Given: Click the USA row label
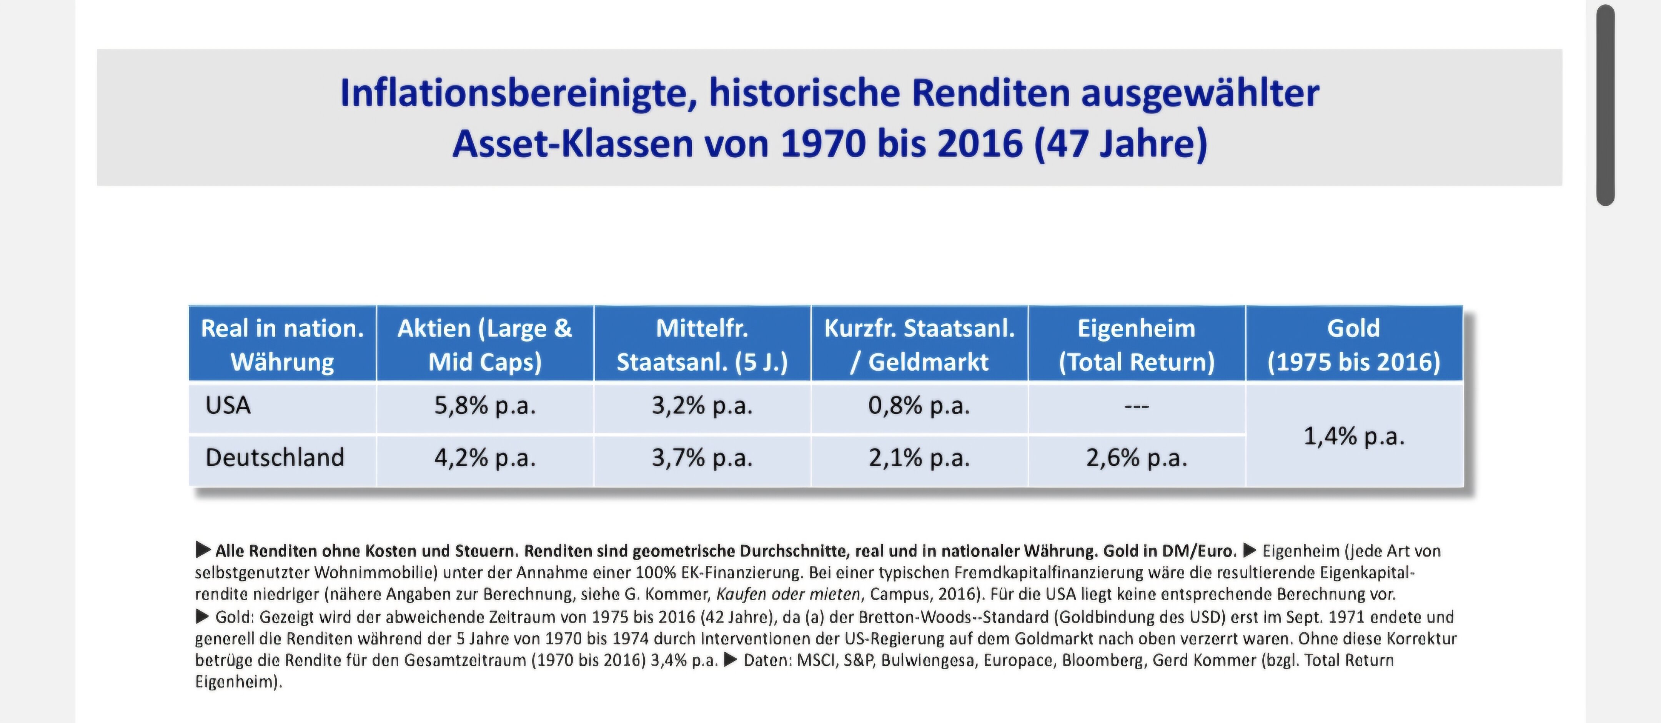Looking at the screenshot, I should (228, 406).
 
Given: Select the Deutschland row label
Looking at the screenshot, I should (275, 458).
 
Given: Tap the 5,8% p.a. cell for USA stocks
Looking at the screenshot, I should (485, 406).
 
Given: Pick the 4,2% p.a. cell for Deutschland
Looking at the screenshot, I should (485, 458).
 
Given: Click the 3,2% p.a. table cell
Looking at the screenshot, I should (702, 406).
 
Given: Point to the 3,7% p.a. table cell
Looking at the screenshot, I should (702, 458).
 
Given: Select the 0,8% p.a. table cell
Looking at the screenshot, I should (919, 406).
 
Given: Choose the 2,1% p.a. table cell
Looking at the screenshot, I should (919, 458).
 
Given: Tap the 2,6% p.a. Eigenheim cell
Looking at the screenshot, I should (1136, 458).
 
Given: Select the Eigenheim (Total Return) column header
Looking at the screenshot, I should (1136, 345).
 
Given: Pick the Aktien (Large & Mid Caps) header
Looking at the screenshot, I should (485, 345).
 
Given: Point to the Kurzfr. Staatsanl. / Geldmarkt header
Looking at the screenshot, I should (919, 345).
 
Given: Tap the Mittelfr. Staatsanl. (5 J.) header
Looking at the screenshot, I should (702, 345).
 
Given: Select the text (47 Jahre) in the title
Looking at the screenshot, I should (1121, 144).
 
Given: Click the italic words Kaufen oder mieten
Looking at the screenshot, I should (788, 594).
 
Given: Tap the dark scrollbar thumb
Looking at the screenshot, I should (1605, 105).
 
